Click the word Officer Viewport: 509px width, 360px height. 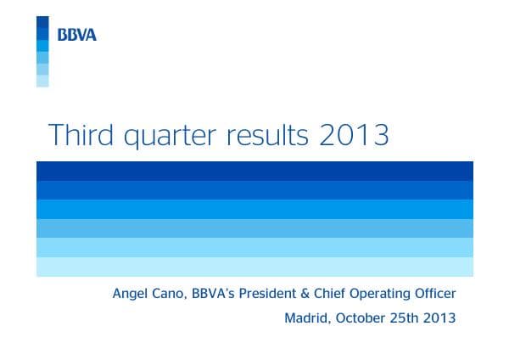(433, 294)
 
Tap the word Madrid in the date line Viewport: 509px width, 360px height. (305, 319)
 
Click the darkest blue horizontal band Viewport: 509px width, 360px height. (255, 170)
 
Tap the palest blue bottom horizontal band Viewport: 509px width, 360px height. (255, 267)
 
